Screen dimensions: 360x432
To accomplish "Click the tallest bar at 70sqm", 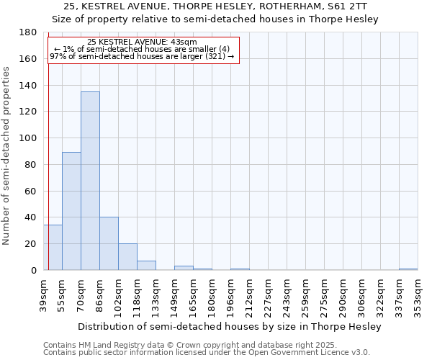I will (x=90, y=181).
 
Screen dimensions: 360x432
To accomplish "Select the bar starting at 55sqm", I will (x=71, y=211).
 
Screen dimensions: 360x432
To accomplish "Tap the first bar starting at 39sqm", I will (x=53, y=247).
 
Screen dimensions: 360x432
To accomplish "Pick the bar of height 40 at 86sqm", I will (x=109, y=243).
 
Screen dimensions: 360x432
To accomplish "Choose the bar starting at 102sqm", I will (x=127, y=256).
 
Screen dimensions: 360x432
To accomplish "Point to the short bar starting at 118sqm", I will (x=146, y=265).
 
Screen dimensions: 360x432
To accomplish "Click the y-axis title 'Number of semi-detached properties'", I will (x=6, y=156).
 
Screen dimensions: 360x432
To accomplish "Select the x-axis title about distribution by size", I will (x=229, y=326).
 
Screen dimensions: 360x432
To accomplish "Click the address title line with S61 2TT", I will (x=216, y=6).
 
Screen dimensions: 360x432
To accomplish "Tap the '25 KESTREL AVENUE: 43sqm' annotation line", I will (x=142, y=42).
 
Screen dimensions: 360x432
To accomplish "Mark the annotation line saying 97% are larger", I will (x=142, y=56).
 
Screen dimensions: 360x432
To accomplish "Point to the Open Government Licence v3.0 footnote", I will (x=207, y=353).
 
